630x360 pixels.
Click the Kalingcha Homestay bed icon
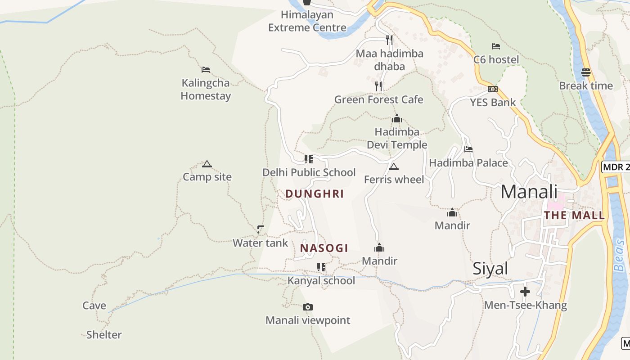(206, 70)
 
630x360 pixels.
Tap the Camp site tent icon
(207, 164)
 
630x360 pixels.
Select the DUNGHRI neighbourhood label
(315, 194)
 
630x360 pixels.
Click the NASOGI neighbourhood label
(324, 248)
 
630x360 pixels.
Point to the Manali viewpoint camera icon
(308, 307)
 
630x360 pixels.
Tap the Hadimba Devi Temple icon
(397, 119)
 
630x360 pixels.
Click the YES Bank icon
(493, 89)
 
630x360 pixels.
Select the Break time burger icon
(586, 72)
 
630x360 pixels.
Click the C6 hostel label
(496, 59)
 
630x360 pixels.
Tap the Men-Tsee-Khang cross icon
(525, 292)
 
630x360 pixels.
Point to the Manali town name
(529, 192)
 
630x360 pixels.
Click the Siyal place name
(490, 269)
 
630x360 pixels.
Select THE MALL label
(574, 215)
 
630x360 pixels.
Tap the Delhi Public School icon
(309, 159)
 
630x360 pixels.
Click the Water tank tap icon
(261, 229)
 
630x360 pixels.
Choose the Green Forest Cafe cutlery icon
(379, 86)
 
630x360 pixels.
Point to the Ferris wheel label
(394, 180)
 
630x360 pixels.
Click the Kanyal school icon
(321, 267)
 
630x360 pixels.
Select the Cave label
(94, 306)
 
